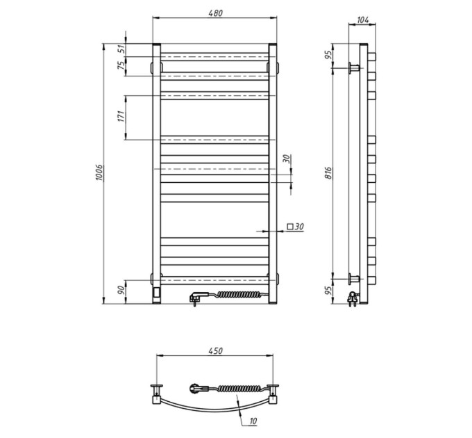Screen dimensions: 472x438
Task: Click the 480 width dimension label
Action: coord(216,13)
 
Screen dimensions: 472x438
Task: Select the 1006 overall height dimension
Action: coord(99,173)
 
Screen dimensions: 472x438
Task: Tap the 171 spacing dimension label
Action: coord(121,117)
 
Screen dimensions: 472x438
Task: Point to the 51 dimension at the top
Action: coord(121,49)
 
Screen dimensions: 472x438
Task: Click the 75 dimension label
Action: coord(121,65)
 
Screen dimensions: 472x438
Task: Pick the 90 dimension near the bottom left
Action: coord(121,291)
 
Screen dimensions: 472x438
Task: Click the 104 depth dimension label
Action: coord(362,20)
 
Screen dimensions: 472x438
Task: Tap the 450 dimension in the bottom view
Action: coord(216,351)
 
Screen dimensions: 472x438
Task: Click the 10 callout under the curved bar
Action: coord(253,421)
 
